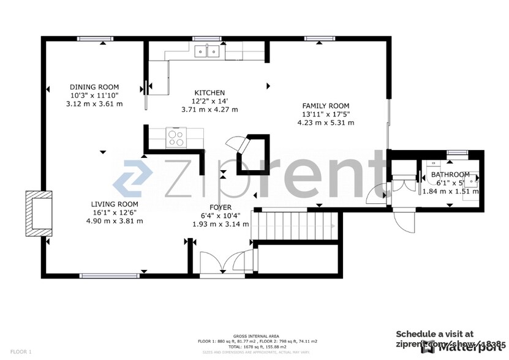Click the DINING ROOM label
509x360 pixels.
(94, 87)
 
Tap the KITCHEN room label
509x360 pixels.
(209, 92)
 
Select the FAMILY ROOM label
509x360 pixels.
(325, 105)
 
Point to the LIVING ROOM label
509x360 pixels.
(115, 204)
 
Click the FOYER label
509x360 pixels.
(221, 208)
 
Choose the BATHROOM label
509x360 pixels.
(450, 174)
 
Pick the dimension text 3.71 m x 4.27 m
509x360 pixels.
(209, 110)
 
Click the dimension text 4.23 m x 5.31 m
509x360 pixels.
(325, 122)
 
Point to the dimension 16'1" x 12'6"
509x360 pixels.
(115, 212)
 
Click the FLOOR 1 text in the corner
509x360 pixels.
(21, 352)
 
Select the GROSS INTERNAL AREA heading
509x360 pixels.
(256, 336)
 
